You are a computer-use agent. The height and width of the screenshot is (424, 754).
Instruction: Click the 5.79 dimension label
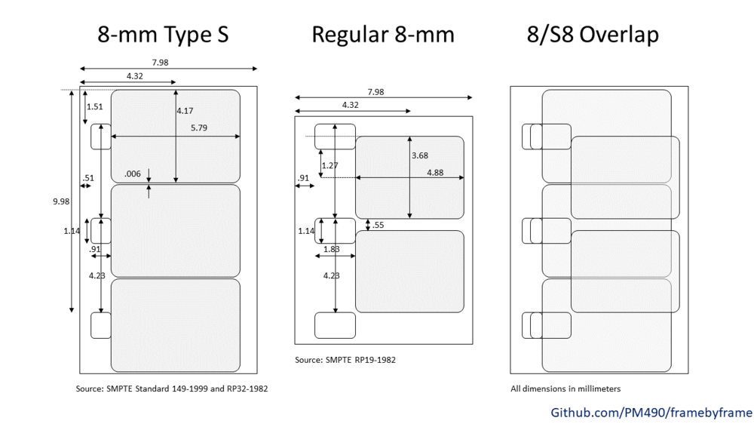point(198,128)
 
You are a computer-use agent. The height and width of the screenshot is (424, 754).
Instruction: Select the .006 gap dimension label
point(133,174)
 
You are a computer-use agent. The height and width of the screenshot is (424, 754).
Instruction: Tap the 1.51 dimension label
point(95,107)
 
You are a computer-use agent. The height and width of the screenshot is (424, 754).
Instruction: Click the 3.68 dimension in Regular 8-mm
point(420,156)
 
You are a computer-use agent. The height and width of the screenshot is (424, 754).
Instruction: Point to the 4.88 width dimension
point(435,173)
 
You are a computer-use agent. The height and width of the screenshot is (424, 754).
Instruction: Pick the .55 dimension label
point(379,225)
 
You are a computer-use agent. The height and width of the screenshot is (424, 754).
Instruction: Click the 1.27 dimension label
point(329,165)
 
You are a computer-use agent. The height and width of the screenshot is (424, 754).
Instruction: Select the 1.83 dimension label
point(332,249)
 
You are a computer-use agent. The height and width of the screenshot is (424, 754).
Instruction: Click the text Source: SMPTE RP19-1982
point(345,360)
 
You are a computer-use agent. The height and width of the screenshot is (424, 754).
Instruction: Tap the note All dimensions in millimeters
point(565,389)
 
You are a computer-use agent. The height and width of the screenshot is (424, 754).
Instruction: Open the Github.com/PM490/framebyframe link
point(651,412)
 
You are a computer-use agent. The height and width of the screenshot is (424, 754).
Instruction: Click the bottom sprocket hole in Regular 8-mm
point(335,325)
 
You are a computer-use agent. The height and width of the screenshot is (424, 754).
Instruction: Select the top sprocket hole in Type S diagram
point(101,137)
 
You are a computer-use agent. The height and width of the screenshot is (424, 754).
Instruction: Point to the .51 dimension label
point(88,178)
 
